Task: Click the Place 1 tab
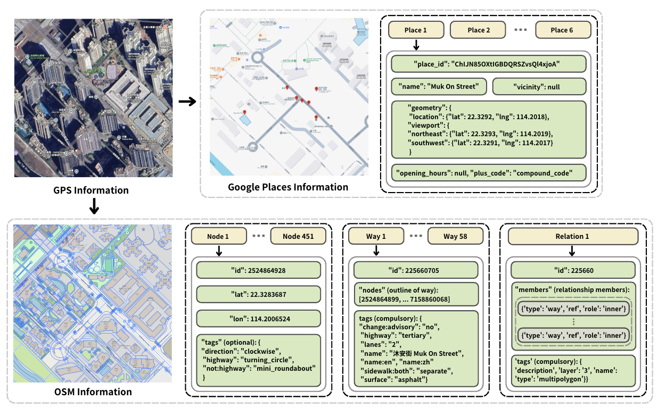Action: [x=415, y=30]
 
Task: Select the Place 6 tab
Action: [x=562, y=30]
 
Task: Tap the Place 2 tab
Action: [x=479, y=30]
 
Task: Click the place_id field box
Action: [x=488, y=64]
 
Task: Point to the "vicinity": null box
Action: [x=539, y=87]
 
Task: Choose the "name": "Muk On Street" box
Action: [x=439, y=87]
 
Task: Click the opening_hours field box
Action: [x=488, y=172]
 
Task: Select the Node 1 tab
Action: [x=219, y=236]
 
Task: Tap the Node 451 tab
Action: [x=297, y=236]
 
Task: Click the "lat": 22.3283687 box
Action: [x=259, y=294]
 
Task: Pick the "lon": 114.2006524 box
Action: [x=259, y=318]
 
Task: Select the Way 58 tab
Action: [x=455, y=236]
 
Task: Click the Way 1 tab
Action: [x=376, y=236]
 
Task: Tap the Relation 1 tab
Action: [x=572, y=236]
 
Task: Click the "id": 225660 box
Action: [x=573, y=270]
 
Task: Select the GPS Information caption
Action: [x=91, y=190]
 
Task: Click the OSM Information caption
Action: [x=93, y=392]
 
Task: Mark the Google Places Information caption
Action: [x=288, y=187]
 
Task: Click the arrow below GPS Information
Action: [x=94, y=207]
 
